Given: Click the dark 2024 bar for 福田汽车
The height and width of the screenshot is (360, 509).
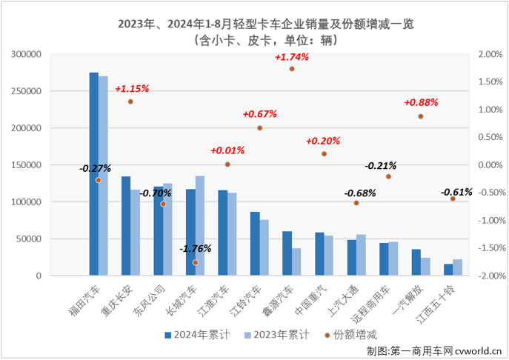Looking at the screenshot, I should coord(94,174).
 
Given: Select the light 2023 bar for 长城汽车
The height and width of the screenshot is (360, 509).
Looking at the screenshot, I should coord(200,225).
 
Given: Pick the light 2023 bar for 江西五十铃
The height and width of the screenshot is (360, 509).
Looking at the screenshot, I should coord(457,267).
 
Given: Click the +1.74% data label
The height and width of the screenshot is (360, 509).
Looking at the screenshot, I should coord(291,57).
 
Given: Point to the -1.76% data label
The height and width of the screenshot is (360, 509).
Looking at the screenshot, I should coord(196,248).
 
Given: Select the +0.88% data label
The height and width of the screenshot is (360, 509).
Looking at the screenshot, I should coord(421,103).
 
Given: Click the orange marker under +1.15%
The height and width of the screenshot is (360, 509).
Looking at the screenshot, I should coord(130,101).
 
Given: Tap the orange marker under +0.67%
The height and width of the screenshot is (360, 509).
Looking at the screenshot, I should coord(259,127).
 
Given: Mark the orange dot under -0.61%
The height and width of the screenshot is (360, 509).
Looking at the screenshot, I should coord(453,199).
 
